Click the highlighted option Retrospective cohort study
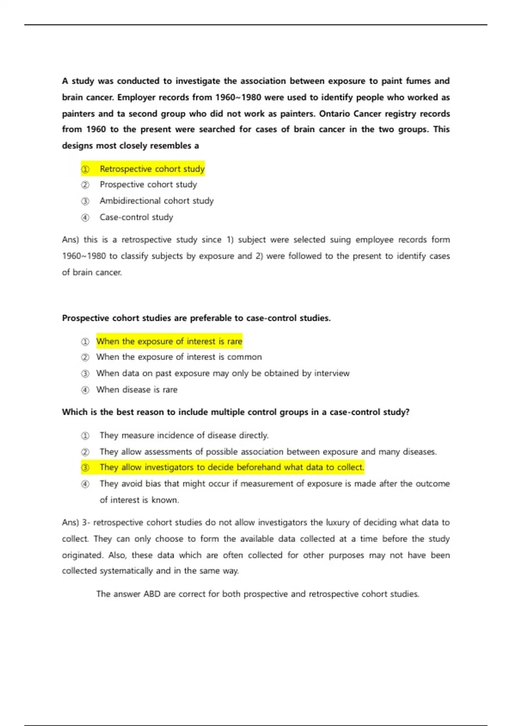pyautogui.click(x=152, y=169)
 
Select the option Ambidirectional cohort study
pyautogui.click(x=156, y=201)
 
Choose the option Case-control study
pyautogui.click(x=136, y=217)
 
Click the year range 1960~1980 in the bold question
pyautogui.click(x=238, y=97)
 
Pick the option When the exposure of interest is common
pyautogui.click(x=179, y=357)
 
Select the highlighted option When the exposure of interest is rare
pyautogui.click(x=169, y=341)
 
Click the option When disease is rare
pyautogui.click(x=137, y=389)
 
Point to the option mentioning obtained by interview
pyautogui.click(x=222, y=373)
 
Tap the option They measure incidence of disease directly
pyautogui.click(x=184, y=435)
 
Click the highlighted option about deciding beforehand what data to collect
pyautogui.click(x=231, y=467)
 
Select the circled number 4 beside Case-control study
pyautogui.click(x=85, y=217)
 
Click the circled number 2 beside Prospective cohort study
pyautogui.click(x=85, y=185)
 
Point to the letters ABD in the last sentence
pyautogui.click(x=152, y=594)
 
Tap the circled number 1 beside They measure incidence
pyautogui.click(x=85, y=436)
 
